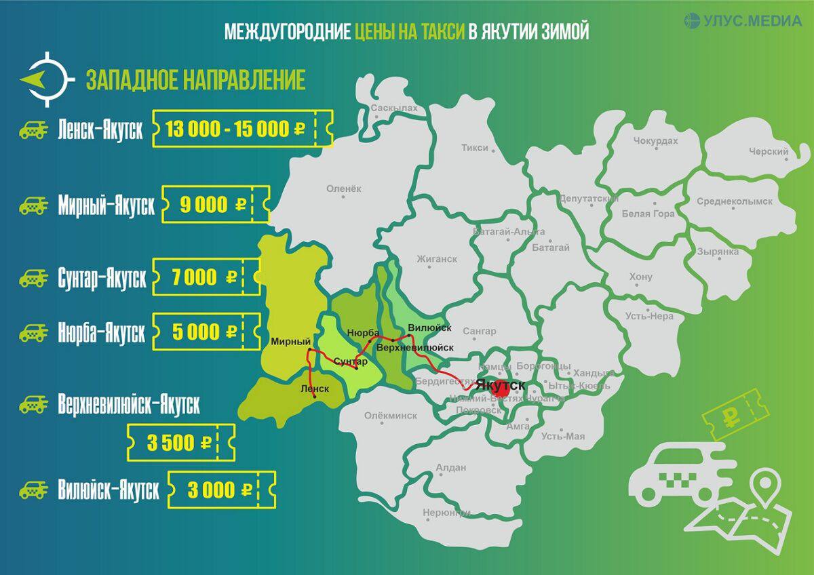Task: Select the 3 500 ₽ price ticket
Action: click(x=180, y=443)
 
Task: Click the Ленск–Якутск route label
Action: click(x=100, y=130)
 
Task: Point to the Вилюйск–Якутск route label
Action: click(x=109, y=490)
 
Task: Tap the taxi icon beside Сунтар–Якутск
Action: click(x=33, y=277)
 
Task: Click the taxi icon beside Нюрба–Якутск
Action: click(x=33, y=333)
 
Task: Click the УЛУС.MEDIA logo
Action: click(x=742, y=21)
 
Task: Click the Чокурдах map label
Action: click(x=655, y=141)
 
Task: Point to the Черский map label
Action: click(x=768, y=152)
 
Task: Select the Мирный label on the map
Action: click(x=286, y=342)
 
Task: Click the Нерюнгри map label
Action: click(x=446, y=513)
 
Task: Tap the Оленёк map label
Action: click(x=345, y=189)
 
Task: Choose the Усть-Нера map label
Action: click(x=649, y=316)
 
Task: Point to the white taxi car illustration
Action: click(x=672, y=474)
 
